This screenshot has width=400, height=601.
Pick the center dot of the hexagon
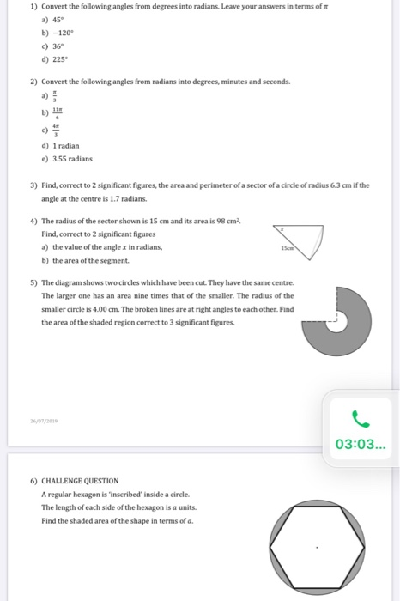point(318,547)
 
